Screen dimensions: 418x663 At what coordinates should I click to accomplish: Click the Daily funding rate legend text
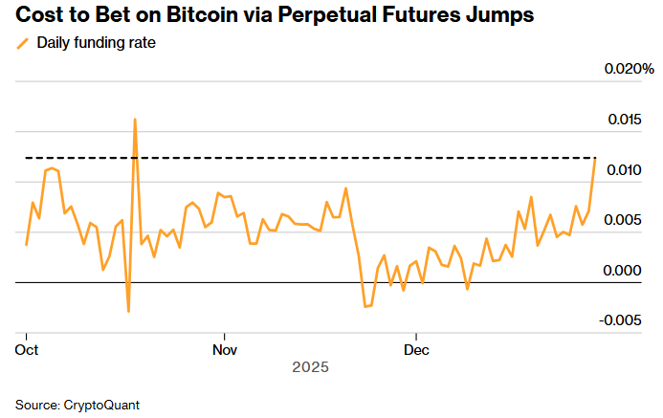pyautogui.click(x=96, y=43)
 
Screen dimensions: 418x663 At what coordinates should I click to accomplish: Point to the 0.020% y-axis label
pyautogui.click(x=628, y=70)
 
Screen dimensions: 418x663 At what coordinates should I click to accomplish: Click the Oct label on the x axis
pyautogui.click(x=27, y=349)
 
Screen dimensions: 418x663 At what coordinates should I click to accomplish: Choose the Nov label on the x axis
pyautogui.click(x=224, y=349)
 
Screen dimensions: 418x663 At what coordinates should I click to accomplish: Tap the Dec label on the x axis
pyautogui.click(x=415, y=349)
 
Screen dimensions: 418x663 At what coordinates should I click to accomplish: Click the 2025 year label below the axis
pyautogui.click(x=311, y=367)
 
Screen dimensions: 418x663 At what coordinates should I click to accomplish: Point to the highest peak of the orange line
pyautogui.click(x=135, y=120)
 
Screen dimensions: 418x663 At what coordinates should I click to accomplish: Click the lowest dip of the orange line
pyautogui.click(x=128, y=311)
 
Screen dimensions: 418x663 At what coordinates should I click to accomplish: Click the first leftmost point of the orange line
pyautogui.click(x=26, y=245)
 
